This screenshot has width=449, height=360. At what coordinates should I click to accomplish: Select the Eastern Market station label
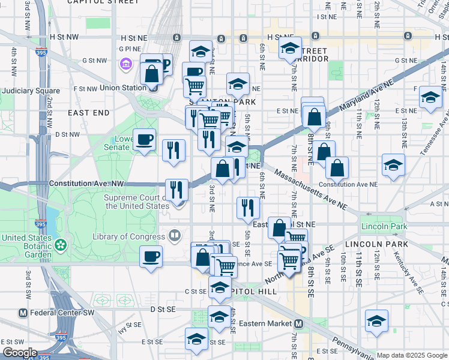click(x=265, y=323)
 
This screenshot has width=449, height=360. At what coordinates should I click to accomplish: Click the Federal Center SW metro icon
click(x=23, y=313)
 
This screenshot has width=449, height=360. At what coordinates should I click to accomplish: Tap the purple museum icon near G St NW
click(x=125, y=63)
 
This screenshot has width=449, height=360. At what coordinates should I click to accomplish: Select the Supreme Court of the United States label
click(x=137, y=202)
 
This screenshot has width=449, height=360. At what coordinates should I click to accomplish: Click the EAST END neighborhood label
click(x=89, y=113)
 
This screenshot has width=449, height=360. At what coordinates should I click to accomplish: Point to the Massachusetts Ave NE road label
click(x=310, y=189)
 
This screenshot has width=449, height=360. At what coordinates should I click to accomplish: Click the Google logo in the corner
click(x=20, y=353)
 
